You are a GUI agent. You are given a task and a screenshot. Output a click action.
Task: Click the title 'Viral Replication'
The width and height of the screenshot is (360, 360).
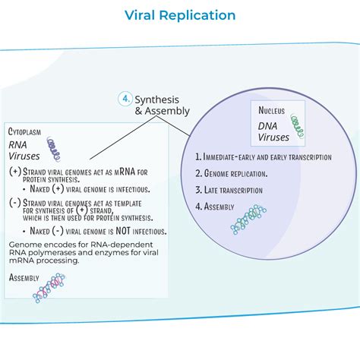click(180, 15)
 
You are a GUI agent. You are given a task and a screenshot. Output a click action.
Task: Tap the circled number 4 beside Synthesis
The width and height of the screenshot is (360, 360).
click(125, 98)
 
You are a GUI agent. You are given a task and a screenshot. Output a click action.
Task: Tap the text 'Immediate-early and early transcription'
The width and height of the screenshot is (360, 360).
click(263, 157)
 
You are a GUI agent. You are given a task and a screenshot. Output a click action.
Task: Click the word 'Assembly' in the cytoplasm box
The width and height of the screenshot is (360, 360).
click(25, 278)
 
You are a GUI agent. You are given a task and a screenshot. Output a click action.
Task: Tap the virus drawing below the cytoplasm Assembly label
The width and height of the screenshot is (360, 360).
click(47, 289)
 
